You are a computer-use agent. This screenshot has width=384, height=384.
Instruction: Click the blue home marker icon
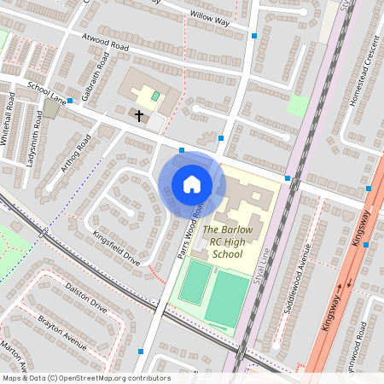tap(192, 183)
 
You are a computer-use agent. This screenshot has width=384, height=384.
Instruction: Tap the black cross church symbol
tap(139, 113)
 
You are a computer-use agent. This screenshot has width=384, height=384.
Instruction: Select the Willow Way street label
tap(209, 15)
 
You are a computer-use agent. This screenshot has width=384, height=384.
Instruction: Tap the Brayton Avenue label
tap(62, 332)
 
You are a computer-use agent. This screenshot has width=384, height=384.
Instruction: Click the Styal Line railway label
tap(263, 260)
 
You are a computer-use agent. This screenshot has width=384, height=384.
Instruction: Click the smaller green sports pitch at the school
tap(195, 282)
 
